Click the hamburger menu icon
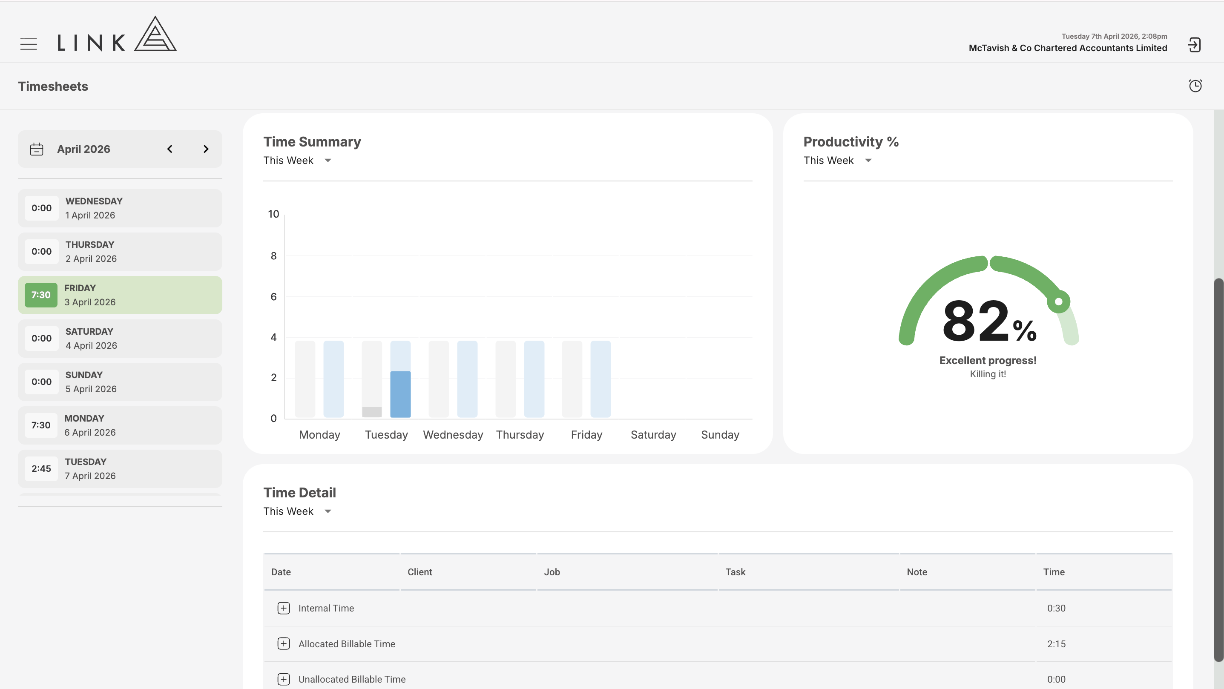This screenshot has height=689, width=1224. click(29, 44)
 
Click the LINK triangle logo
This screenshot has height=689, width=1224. click(155, 34)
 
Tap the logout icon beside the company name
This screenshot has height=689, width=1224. click(1194, 45)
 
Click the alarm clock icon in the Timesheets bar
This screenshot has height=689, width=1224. click(1195, 86)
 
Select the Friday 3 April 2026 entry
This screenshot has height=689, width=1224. click(120, 295)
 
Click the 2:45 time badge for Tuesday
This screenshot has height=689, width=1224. click(41, 468)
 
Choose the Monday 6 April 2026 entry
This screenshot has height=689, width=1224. click(120, 425)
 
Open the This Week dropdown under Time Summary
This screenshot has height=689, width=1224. click(297, 161)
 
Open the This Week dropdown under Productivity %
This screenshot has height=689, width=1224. click(838, 161)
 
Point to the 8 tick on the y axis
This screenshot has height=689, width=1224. click(274, 256)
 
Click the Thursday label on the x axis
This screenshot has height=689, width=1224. click(520, 435)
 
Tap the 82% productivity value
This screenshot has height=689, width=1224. click(989, 321)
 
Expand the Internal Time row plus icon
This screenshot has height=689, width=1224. click(284, 608)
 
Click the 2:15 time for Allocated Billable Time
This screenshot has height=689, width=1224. click(1056, 644)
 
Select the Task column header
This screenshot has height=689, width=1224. click(735, 572)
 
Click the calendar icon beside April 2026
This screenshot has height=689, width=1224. click(37, 149)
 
